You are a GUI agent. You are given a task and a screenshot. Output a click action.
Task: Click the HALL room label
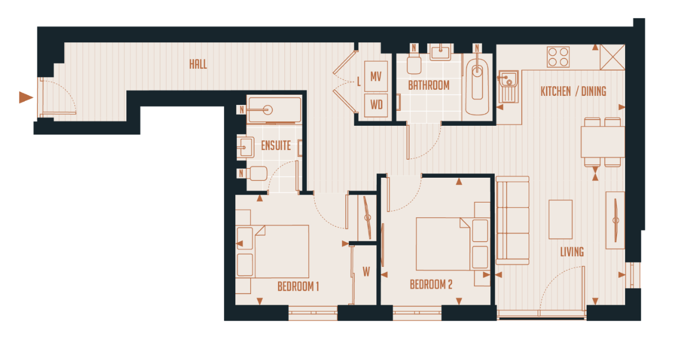[198, 64]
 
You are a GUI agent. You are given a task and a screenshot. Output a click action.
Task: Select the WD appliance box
[376, 104]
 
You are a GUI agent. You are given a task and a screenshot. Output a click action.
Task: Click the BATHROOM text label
[429, 86]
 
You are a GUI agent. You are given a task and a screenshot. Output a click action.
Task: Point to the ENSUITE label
[276, 146]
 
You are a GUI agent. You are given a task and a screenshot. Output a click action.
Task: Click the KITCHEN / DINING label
[573, 91]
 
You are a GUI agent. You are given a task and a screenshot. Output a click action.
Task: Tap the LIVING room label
[572, 252]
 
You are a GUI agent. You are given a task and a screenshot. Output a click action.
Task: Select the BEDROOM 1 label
[298, 287]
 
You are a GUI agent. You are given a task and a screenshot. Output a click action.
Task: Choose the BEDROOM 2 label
[431, 284]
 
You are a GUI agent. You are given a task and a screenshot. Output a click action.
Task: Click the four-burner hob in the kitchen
[558, 57]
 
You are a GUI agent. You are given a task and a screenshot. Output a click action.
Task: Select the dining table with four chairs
[602, 142]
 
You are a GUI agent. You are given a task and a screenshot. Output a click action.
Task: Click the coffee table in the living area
[560, 219]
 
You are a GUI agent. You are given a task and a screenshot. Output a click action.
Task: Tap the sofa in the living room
[512, 220]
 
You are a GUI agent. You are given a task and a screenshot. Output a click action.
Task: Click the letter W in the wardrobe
[366, 272]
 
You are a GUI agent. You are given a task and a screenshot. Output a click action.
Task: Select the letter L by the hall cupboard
[359, 82]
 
